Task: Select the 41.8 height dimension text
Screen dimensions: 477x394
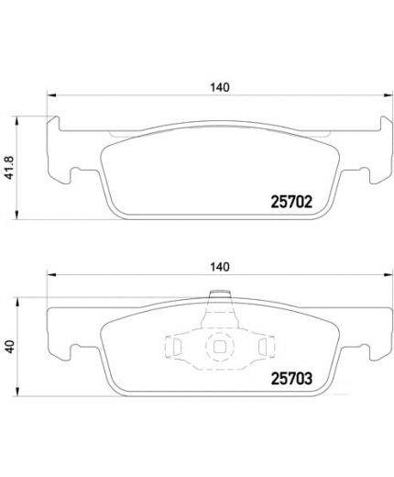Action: click(10, 165)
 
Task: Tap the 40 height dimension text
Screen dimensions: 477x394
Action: click(10, 347)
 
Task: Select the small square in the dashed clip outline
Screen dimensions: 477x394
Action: click(219, 348)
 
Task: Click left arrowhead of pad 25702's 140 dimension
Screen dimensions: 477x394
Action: click(51, 96)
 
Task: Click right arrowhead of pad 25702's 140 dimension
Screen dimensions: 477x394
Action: click(386, 96)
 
